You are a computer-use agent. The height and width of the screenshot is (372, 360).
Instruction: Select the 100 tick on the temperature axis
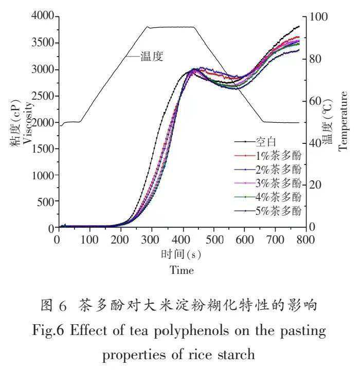[x=318, y=16]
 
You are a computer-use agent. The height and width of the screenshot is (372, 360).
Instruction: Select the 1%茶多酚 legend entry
[x=279, y=155]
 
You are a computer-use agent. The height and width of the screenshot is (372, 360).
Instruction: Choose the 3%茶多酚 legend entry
[x=279, y=183]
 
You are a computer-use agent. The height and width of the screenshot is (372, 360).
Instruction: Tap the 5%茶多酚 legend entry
[x=279, y=210]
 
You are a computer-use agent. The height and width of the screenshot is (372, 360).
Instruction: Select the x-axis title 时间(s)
[x=181, y=255]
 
